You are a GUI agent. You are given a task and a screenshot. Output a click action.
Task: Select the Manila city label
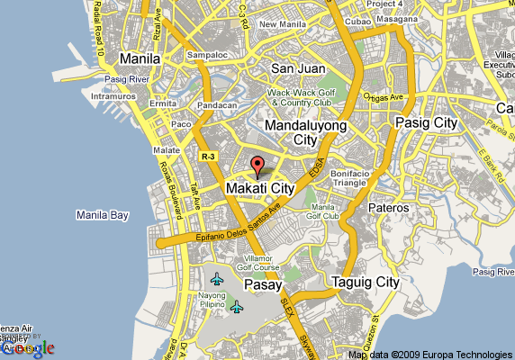[140, 58]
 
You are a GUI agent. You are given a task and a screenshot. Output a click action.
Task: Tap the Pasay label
[264, 284]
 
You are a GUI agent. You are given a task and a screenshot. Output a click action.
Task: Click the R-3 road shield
[209, 156]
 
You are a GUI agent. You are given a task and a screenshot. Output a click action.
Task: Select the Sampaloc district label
[203, 54]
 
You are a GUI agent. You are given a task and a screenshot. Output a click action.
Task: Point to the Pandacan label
[217, 105]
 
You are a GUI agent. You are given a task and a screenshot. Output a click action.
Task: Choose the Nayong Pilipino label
[212, 301]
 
